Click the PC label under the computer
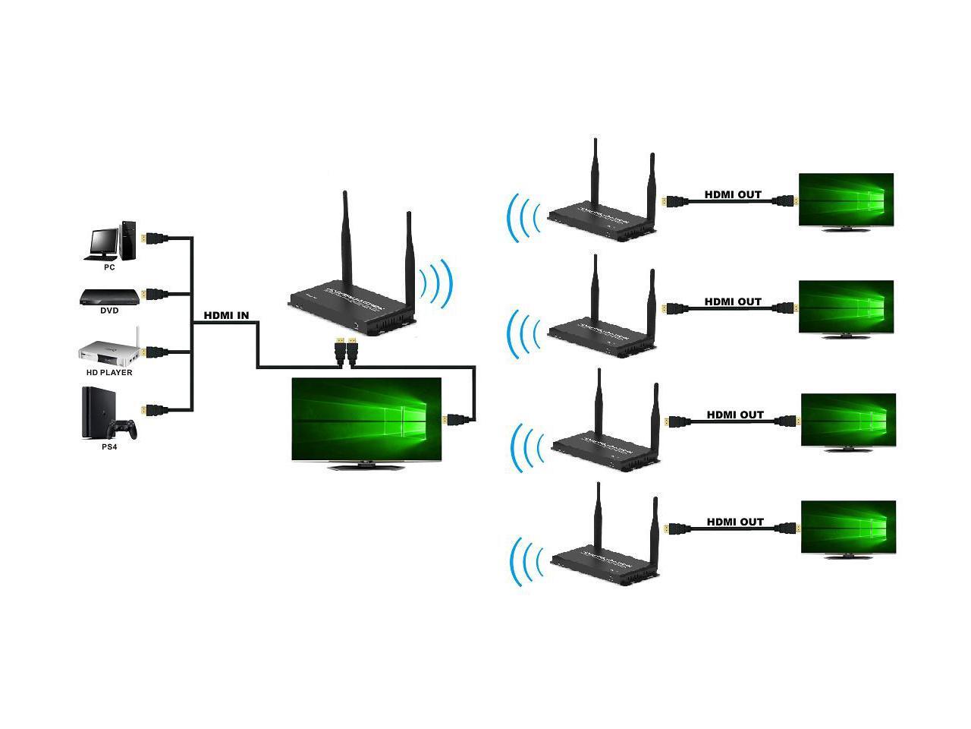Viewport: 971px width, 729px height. click(x=109, y=267)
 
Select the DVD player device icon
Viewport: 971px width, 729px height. click(x=109, y=296)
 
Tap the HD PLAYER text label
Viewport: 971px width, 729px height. click(x=109, y=373)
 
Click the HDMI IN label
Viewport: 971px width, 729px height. click(x=226, y=316)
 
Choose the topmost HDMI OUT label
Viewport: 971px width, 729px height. click(x=733, y=194)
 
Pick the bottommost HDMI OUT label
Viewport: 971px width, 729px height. click(x=735, y=522)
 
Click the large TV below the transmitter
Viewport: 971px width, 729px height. click(x=366, y=419)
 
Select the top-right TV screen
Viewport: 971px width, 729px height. click(x=846, y=199)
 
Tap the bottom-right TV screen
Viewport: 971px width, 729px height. click(x=848, y=525)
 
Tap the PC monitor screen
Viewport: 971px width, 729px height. click(x=102, y=240)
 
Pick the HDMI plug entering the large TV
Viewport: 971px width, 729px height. click(x=457, y=418)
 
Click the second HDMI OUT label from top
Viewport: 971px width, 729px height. click(x=733, y=301)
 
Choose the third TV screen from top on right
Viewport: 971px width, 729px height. click(x=848, y=418)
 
